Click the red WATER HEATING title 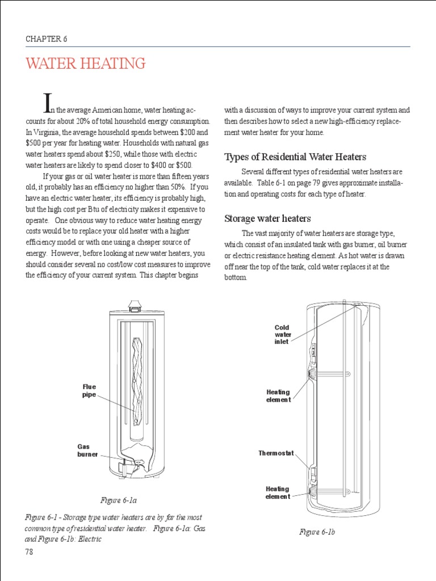85,64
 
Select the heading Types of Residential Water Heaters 295,157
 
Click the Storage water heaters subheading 267,218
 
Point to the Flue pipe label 89,391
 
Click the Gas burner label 87,451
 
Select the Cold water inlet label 282,335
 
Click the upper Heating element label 278,395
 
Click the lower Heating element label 278,492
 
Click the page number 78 30,552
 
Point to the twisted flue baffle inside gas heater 136,374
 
